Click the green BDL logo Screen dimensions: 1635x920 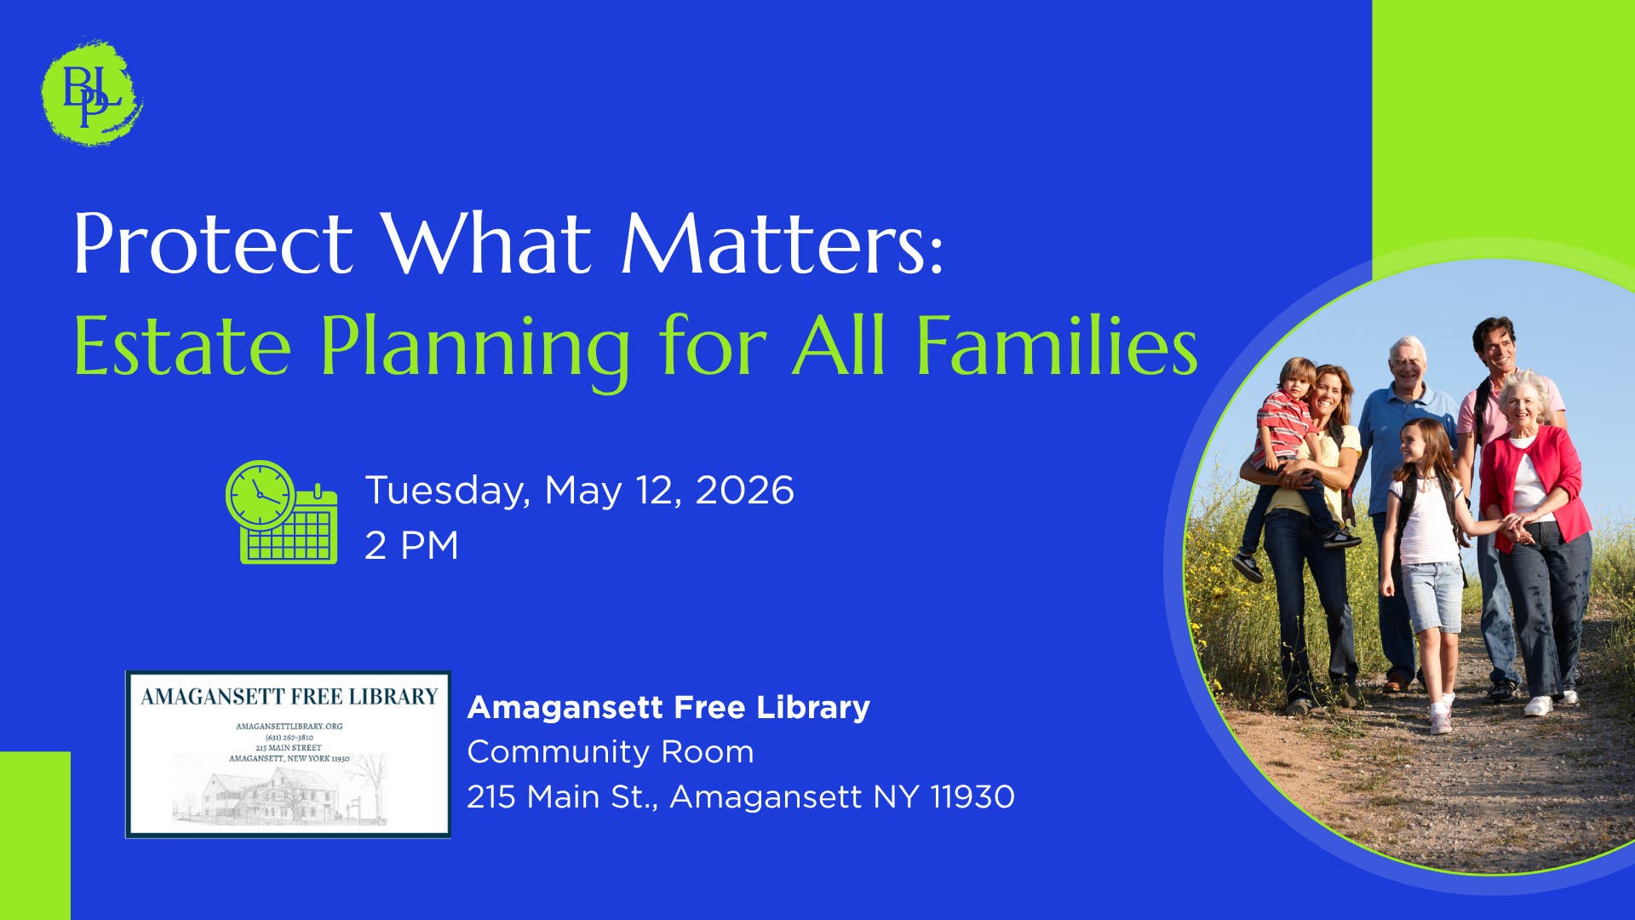[92, 92]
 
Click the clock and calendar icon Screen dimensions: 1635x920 [282, 512]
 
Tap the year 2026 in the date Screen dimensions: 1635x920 [745, 491]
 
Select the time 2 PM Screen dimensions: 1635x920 [412, 545]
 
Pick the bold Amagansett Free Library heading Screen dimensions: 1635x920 [668, 707]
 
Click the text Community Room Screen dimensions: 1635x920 [611, 752]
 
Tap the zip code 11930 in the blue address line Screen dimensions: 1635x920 [972, 797]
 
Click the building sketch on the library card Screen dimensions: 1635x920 [281, 792]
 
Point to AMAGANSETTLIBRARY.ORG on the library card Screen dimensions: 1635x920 [290, 727]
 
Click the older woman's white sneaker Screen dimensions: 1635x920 [1538, 705]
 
